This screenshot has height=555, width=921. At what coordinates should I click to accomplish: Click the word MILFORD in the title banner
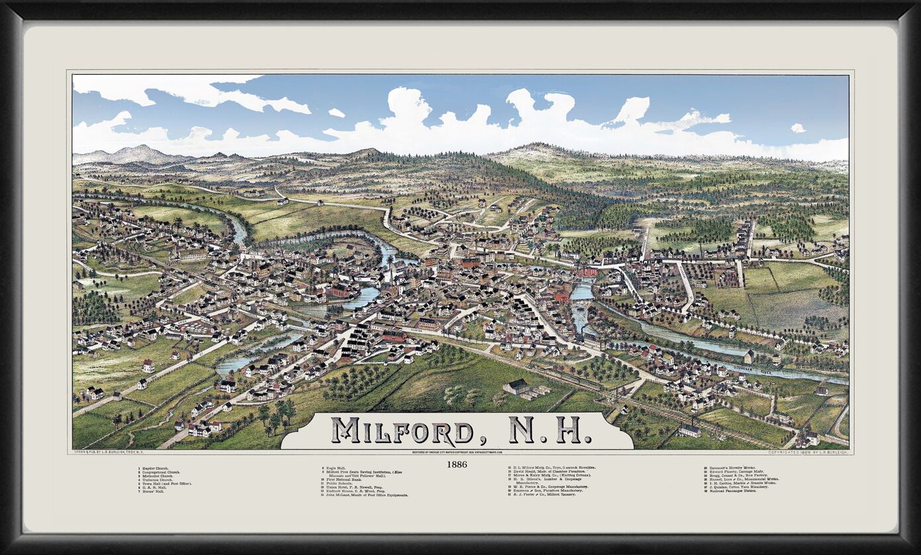tap(402, 430)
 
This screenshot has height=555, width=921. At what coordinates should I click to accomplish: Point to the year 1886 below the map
tap(457, 464)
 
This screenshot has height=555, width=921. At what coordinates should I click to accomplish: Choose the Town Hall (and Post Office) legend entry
tap(166, 483)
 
